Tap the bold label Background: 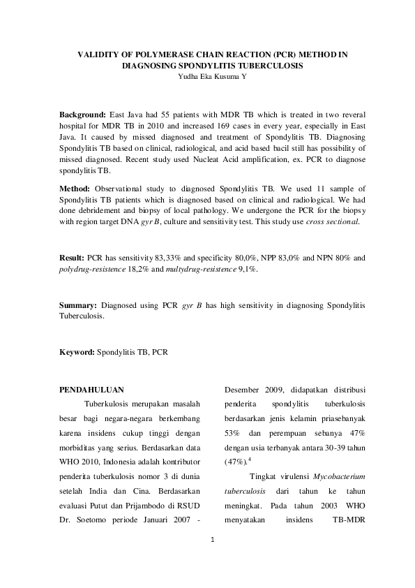click(x=82, y=113)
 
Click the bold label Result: click(x=72, y=258)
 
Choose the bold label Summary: click(x=77, y=306)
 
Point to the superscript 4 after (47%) click(x=250, y=460)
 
